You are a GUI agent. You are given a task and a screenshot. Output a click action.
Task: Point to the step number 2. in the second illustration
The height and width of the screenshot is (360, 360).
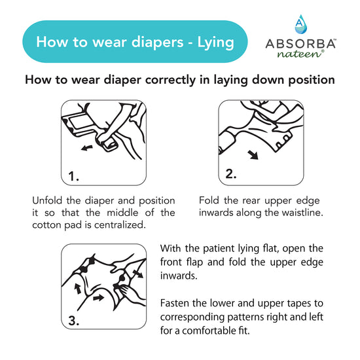[231, 173]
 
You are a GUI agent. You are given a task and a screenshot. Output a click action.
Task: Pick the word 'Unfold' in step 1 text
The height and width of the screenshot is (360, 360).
[48, 200]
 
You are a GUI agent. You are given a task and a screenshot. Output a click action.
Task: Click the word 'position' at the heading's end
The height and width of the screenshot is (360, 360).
[311, 81]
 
